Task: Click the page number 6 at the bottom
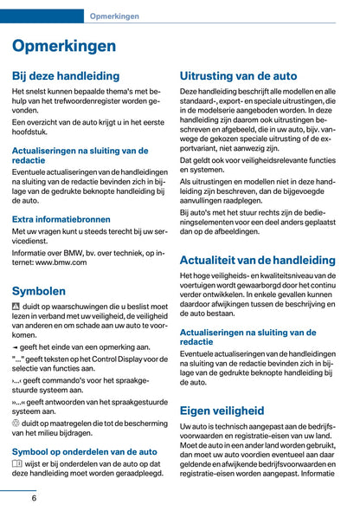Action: [x=34, y=497]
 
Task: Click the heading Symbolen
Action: [x=39, y=291]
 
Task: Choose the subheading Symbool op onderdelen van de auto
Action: [x=85, y=451]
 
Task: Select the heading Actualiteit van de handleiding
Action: [x=257, y=259]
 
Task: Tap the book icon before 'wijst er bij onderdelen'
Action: [x=18, y=464]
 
